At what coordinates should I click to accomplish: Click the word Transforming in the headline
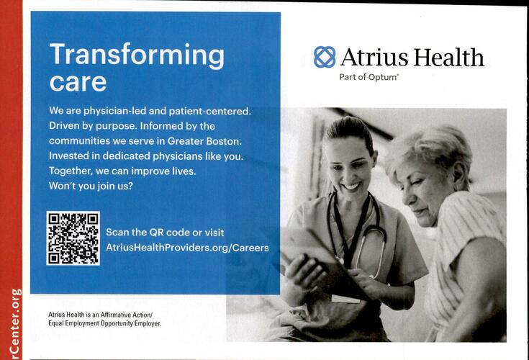pyautogui.click(x=137, y=55)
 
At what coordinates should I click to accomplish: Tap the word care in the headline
pyautogui.click(x=78, y=82)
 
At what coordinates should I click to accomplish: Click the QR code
pyautogui.click(x=73, y=238)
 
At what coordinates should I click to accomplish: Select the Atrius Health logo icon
pyautogui.click(x=325, y=57)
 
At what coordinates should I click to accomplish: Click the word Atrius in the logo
pyautogui.click(x=374, y=57)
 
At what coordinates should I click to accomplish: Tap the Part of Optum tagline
pyautogui.click(x=369, y=77)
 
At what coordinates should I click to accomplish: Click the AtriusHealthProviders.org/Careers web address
pyautogui.click(x=187, y=248)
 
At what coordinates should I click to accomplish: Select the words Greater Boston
pyautogui.click(x=204, y=141)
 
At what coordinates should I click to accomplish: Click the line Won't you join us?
pyautogui.click(x=91, y=186)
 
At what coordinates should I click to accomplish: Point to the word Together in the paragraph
pyautogui.click(x=71, y=171)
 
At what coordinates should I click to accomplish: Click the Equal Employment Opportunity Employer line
pyautogui.click(x=104, y=323)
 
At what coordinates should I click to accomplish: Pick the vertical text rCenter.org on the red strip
pyautogui.click(x=16, y=323)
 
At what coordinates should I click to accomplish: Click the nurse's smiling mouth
pyautogui.click(x=351, y=186)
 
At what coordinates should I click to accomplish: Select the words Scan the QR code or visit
pyautogui.click(x=165, y=233)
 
